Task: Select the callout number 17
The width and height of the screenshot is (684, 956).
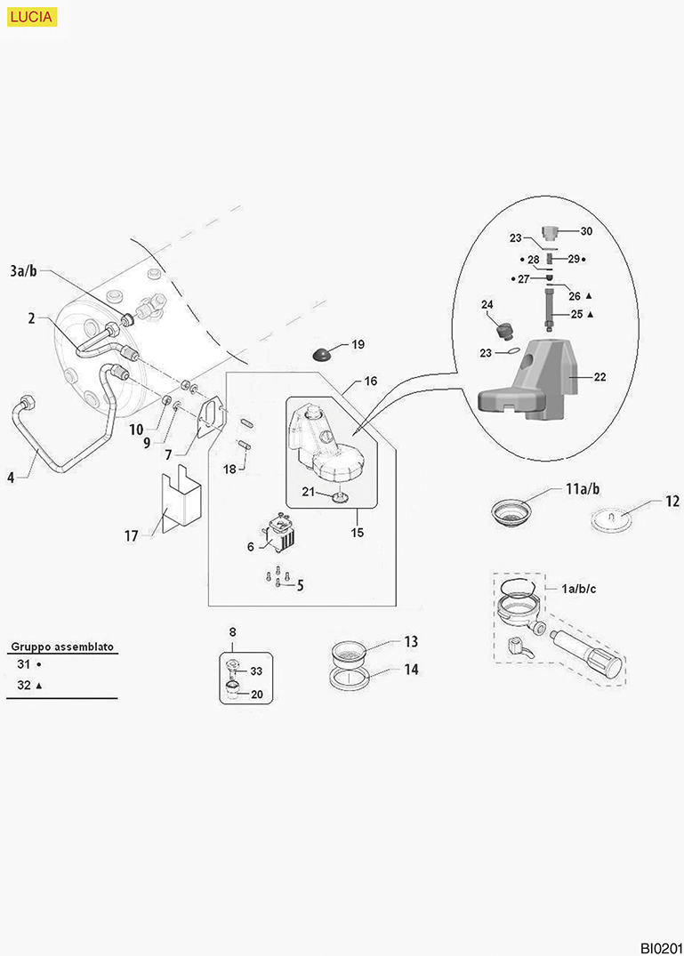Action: click(x=132, y=536)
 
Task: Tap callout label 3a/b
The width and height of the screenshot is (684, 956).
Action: click(x=23, y=270)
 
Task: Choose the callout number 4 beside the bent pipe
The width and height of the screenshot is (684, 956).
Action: click(x=11, y=478)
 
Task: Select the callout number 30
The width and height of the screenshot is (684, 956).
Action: click(x=586, y=231)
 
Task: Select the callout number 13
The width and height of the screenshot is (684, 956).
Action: click(x=411, y=641)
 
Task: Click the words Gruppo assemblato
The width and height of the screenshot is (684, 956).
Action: click(x=61, y=647)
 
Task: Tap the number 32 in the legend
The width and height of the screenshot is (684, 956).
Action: click(x=24, y=686)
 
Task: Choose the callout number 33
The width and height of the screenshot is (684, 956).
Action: click(x=256, y=671)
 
